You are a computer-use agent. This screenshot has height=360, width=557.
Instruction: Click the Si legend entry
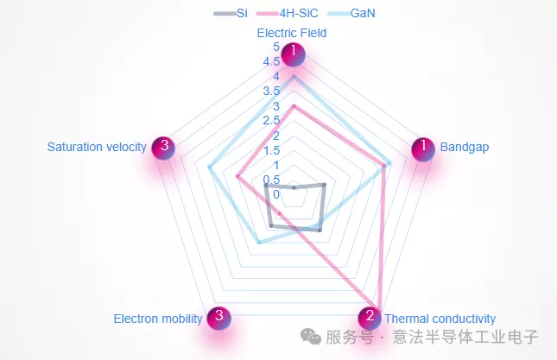point(231,13)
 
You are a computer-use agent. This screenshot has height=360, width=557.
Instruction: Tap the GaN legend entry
point(351,13)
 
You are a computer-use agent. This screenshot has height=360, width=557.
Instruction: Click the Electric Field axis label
point(292,33)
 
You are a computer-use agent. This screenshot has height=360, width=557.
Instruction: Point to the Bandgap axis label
point(465,147)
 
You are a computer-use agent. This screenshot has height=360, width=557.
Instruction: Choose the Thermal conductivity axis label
point(440,319)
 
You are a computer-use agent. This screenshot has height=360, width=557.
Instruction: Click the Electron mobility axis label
point(158,319)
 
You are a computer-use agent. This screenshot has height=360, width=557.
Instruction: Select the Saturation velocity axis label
point(97,147)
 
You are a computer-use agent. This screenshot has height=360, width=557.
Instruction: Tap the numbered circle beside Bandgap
point(423,149)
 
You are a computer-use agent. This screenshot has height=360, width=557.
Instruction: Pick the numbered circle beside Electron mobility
point(219,318)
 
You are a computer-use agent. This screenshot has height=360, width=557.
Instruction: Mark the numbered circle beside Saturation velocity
point(163,148)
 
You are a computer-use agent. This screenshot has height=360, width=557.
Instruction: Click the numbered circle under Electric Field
point(293,54)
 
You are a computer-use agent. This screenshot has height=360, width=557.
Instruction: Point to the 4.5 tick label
point(271,62)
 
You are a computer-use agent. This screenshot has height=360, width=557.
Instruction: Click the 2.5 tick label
point(271,121)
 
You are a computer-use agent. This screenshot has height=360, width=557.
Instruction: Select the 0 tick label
point(276,194)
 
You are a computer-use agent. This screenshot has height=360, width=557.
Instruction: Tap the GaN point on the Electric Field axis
point(294,76)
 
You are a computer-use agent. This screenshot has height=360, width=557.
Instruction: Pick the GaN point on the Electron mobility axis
point(259,243)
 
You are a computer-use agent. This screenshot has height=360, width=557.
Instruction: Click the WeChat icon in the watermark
point(311,336)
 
